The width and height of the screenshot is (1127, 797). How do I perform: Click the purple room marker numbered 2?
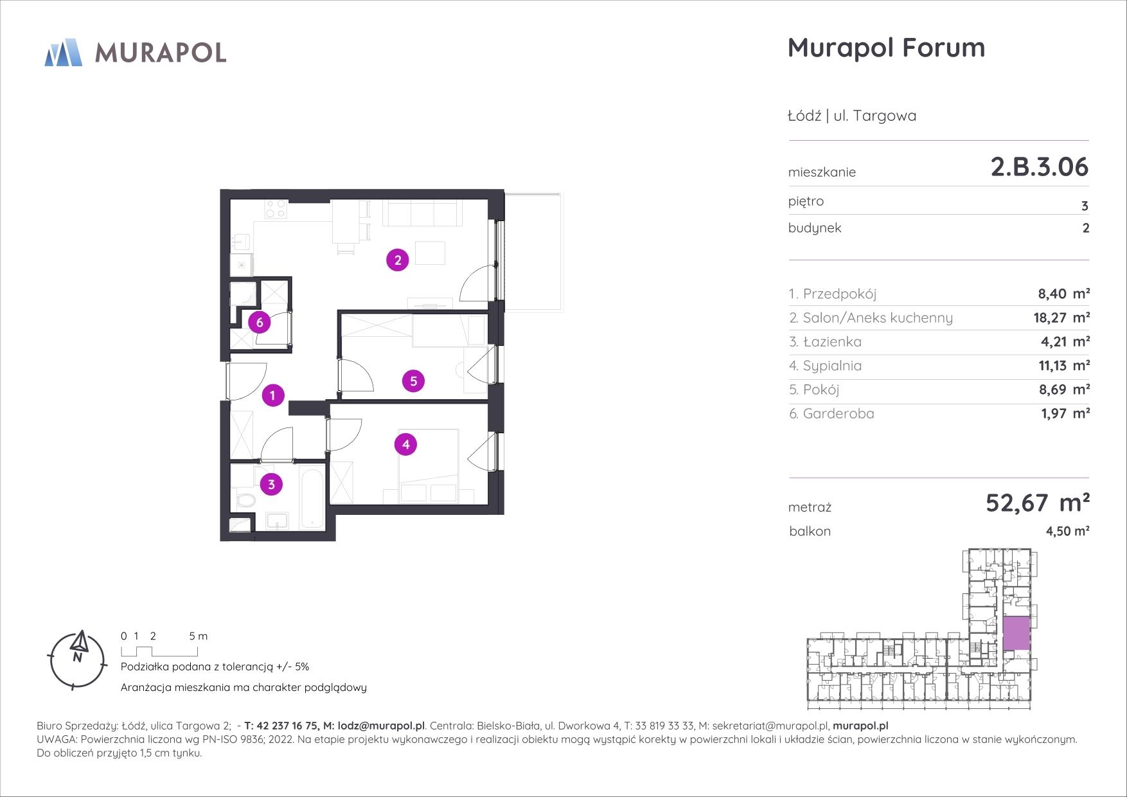point(398,260)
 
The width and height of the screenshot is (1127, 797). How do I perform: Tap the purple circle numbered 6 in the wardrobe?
point(260,322)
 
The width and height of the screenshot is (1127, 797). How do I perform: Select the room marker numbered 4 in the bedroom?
point(405,444)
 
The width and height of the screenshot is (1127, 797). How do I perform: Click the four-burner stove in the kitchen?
point(276,210)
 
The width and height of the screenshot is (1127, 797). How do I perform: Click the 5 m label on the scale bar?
point(199,636)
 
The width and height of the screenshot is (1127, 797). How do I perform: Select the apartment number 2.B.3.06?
point(1040,167)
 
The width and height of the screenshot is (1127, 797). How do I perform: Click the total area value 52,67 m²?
point(1038,503)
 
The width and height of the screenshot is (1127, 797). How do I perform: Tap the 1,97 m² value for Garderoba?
point(1065,413)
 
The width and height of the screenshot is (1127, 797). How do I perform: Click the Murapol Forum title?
point(886,48)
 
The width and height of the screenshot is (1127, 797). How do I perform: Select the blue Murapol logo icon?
point(64,52)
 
